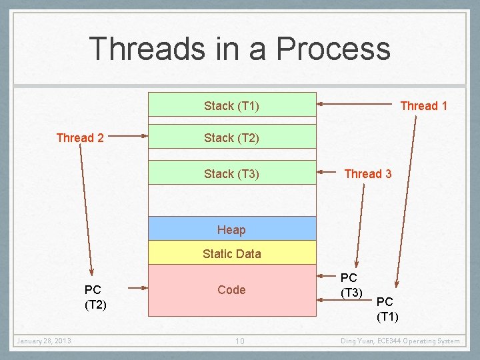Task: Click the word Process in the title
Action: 333,49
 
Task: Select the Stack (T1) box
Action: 231,105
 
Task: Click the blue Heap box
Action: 231,229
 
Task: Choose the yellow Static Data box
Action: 231,253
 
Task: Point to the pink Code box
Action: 231,290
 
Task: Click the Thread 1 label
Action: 423,105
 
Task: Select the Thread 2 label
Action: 80,138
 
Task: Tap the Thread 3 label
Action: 367,174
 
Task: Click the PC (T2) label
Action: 93,297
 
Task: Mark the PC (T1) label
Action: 387,309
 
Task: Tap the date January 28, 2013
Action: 44,341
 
